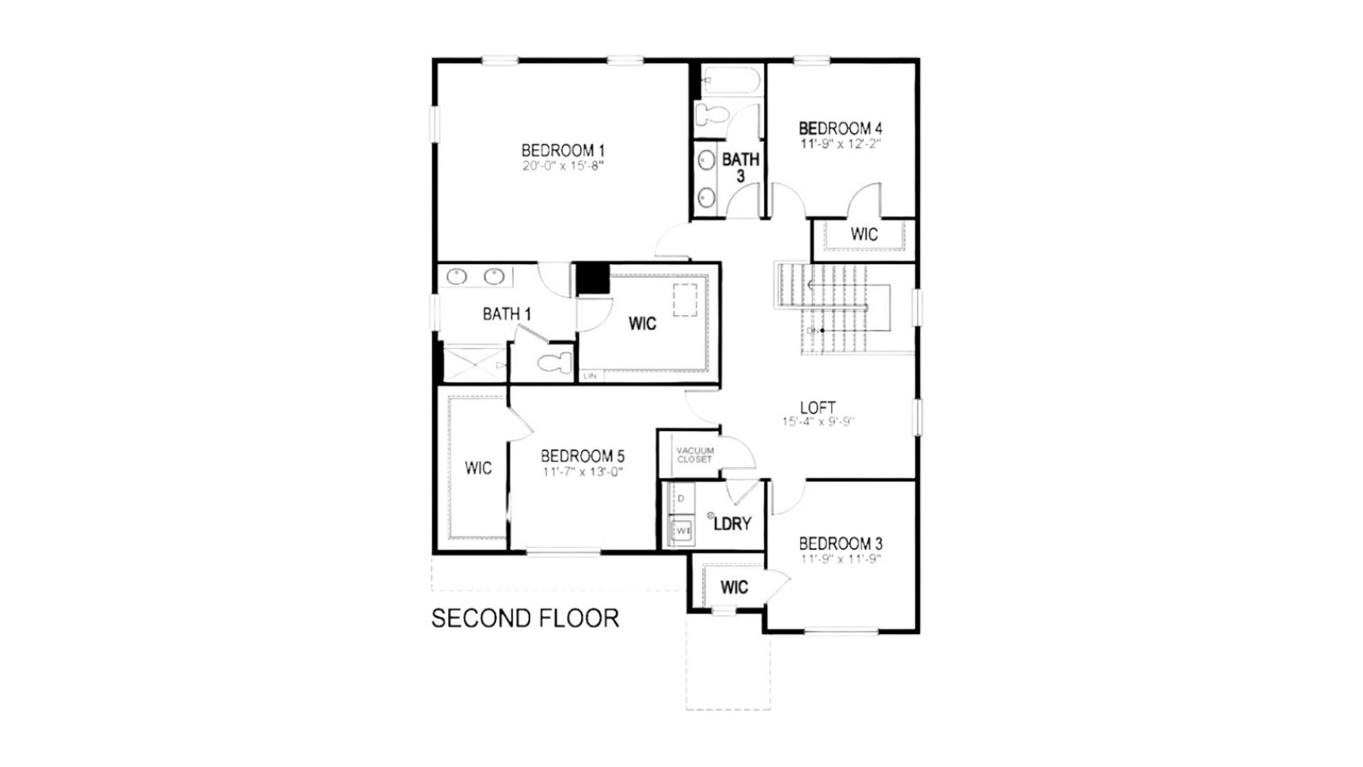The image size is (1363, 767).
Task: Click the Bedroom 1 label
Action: (x=563, y=151)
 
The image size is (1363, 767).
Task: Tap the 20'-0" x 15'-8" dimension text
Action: (x=563, y=166)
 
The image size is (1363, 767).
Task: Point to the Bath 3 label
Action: (x=740, y=167)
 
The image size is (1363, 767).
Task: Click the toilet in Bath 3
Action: (x=710, y=115)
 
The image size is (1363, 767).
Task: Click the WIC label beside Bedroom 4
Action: (x=864, y=234)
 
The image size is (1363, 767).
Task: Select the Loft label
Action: (x=818, y=407)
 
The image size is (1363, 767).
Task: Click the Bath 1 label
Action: (x=507, y=314)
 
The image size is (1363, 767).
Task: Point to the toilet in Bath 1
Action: (x=555, y=362)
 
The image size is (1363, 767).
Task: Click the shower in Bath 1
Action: (x=474, y=364)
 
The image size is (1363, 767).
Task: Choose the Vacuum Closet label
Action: (x=695, y=455)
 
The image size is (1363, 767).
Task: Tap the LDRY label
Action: (x=732, y=524)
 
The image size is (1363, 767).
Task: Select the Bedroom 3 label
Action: (x=840, y=544)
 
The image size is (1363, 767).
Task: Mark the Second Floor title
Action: (x=525, y=619)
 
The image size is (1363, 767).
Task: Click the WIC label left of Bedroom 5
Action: (x=478, y=468)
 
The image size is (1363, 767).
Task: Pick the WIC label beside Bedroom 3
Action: (x=733, y=587)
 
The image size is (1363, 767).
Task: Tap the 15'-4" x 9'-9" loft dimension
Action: (x=818, y=422)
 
